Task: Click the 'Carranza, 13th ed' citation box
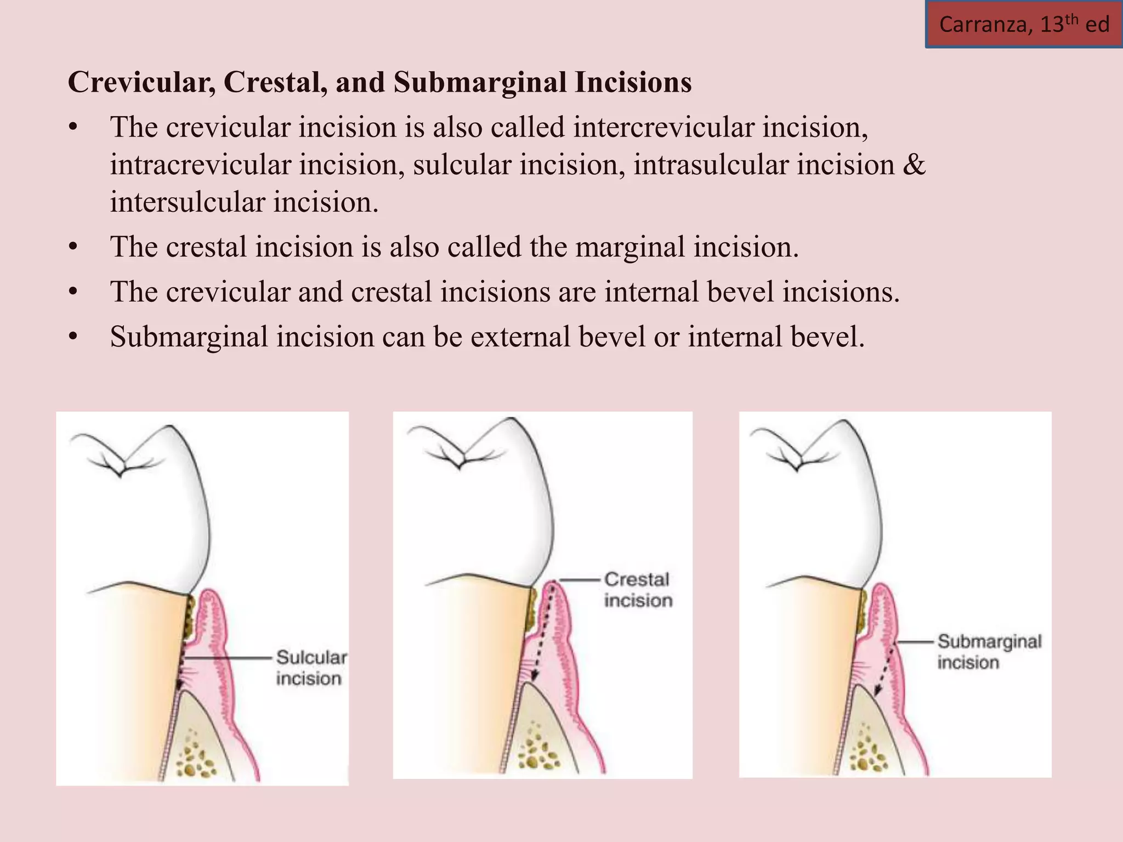coord(1024,25)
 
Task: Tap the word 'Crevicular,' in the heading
coord(141,82)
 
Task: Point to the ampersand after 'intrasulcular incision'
coord(913,164)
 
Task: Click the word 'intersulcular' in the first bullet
coord(187,202)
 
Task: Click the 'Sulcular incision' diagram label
coord(311,668)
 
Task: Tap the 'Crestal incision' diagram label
coord(638,589)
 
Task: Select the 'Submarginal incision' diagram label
coord(989,651)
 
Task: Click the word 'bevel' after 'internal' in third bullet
coord(740,292)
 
